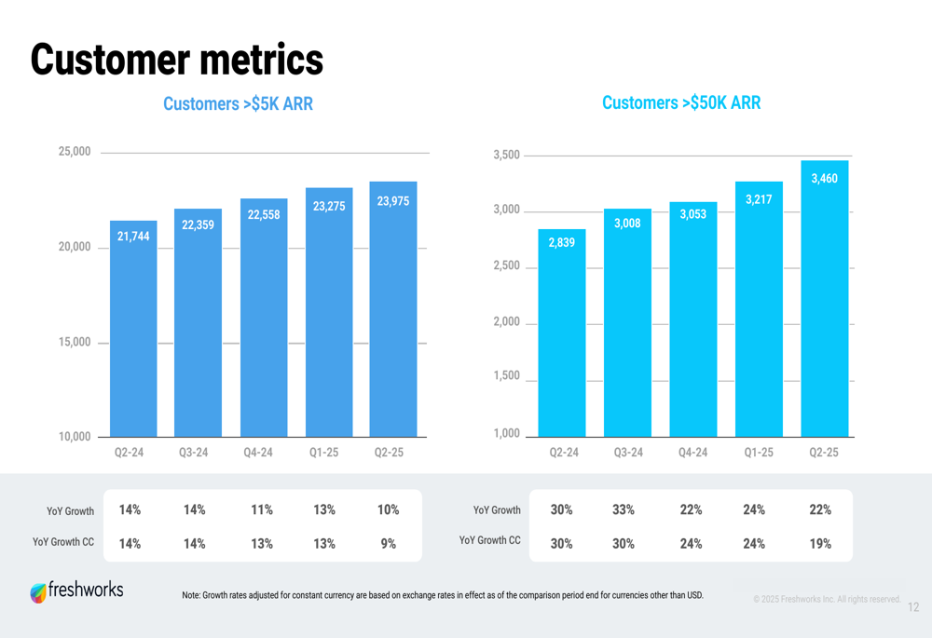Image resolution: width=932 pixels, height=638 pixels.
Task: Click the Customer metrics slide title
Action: click(x=177, y=60)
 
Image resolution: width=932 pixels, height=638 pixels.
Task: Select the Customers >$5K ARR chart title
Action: click(x=238, y=104)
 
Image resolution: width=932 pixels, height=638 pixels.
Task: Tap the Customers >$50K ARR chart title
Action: click(x=681, y=102)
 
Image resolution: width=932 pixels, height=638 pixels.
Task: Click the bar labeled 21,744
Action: click(x=133, y=335)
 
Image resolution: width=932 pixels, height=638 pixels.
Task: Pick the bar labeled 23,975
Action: click(x=393, y=317)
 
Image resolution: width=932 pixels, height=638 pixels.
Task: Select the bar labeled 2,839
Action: click(x=562, y=340)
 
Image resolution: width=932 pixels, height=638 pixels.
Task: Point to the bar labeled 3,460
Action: click(x=824, y=307)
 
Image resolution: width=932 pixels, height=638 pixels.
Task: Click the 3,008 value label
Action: click(x=627, y=224)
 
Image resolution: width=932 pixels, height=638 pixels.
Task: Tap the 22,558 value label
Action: click(x=263, y=214)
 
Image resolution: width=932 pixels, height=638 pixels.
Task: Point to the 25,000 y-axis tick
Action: click(x=75, y=152)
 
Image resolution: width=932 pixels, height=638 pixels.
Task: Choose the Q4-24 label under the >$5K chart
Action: click(x=258, y=453)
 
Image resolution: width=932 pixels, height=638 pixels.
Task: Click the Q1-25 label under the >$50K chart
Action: click(x=759, y=453)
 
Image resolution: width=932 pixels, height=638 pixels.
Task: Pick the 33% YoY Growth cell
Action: click(x=624, y=509)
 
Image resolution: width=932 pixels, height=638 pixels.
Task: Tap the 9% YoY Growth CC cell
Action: click(x=389, y=543)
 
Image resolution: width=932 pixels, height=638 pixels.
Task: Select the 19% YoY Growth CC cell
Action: click(x=820, y=543)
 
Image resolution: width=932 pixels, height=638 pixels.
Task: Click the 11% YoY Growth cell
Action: click(x=262, y=509)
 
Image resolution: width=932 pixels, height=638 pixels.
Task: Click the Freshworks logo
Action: click(x=76, y=591)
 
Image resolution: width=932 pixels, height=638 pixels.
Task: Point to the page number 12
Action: click(x=912, y=607)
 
